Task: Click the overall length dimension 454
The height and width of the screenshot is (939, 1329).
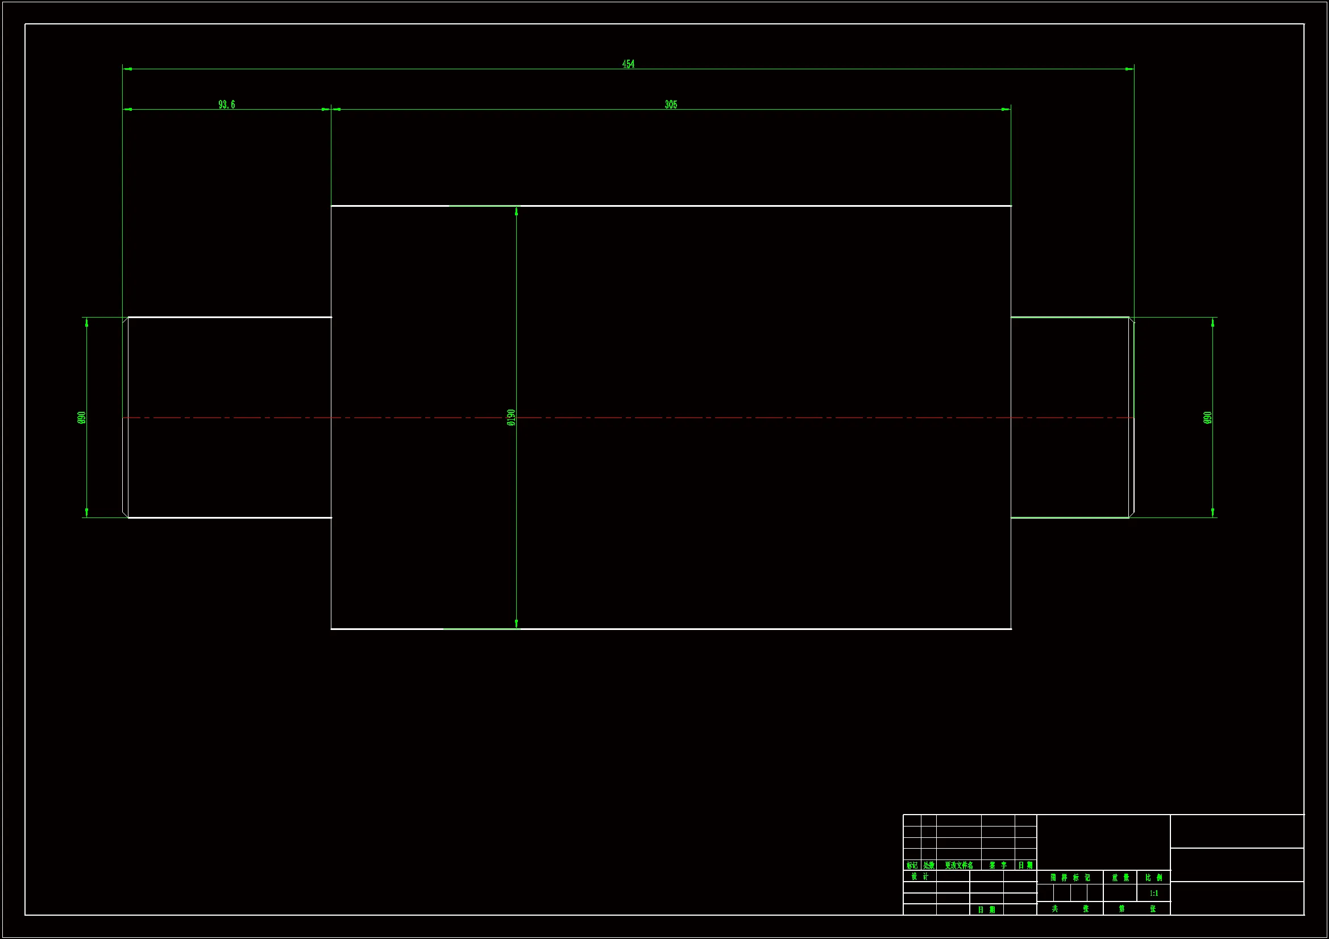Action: [628, 64]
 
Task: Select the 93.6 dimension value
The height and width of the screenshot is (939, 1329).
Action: [226, 105]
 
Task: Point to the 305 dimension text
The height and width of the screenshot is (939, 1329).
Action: [670, 105]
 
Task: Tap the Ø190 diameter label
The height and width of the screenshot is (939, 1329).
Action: [510, 417]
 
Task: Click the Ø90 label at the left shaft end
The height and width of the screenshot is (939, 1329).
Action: [81, 417]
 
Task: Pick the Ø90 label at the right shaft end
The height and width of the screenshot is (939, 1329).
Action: [1207, 417]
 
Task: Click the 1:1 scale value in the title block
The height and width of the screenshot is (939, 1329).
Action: [1153, 893]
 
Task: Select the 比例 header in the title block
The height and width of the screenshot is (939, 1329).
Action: [1153, 877]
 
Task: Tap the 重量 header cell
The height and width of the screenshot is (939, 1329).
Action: [1120, 877]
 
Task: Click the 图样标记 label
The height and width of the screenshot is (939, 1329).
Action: [1070, 877]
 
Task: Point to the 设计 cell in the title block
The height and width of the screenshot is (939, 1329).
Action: [919, 877]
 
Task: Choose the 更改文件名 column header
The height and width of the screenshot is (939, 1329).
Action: [958, 865]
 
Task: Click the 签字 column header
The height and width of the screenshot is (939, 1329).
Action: [998, 865]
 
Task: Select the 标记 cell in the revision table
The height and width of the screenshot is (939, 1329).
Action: [912, 865]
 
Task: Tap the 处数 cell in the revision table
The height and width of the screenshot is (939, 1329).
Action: [928, 865]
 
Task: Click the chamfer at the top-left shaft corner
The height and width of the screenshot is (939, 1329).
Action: [125, 320]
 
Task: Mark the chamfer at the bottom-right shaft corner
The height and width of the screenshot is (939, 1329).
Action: [1132, 514]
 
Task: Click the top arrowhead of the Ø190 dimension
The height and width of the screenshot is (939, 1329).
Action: [516, 211]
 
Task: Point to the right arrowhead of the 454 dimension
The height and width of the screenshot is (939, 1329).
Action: [1129, 69]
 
